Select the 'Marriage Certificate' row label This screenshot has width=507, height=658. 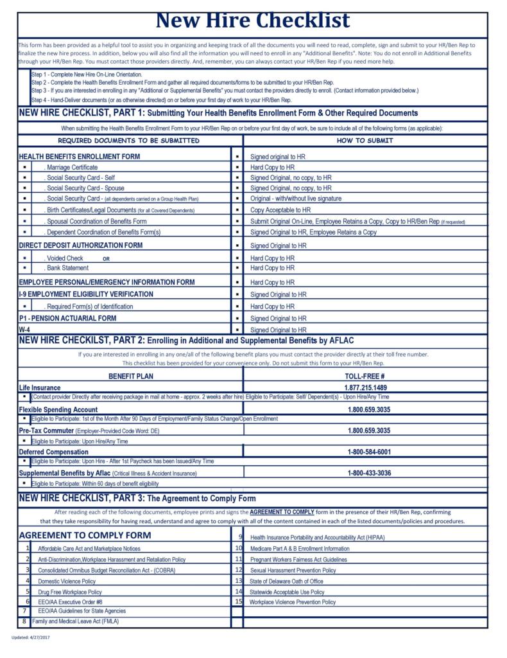(x=71, y=167)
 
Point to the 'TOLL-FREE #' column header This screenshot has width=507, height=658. (x=365, y=376)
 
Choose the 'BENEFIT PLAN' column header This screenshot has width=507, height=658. (x=130, y=376)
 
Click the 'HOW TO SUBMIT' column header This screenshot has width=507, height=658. (x=365, y=140)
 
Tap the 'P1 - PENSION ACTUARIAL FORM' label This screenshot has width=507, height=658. (x=67, y=318)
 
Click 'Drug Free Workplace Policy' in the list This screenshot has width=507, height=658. (x=69, y=591)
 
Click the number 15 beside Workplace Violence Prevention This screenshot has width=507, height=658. (x=238, y=602)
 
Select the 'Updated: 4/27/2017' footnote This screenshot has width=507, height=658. (x=31, y=637)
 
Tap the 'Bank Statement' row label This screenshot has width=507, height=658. (x=67, y=268)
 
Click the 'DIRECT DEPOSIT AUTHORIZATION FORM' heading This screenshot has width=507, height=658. (x=81, y=245)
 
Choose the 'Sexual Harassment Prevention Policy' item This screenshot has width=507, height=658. (x=293, y=570)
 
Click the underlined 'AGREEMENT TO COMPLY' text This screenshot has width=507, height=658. (x=281, y=512)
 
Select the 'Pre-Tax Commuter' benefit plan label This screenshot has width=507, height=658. (x=46, y=431)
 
